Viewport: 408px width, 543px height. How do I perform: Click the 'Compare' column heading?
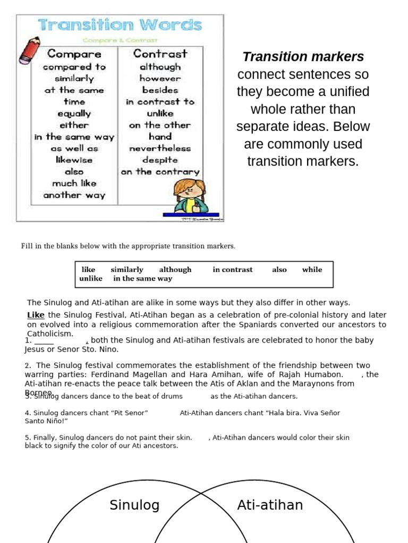[x=74, y=54]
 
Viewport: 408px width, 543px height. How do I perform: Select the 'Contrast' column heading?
[x=160, y=54]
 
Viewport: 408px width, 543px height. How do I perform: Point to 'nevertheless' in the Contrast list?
[x=159, y=148]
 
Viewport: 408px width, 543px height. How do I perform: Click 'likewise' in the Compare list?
[x=74, y=160]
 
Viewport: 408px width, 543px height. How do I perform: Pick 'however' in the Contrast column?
[x=160, y=78]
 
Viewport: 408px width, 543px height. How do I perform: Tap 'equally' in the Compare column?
[x=74, y=113]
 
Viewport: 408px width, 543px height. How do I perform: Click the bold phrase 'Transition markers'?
[x=303, y=57]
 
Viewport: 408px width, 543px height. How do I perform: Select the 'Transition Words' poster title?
[x=120, y=25]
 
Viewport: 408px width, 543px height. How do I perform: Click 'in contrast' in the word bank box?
[x=233, y=269]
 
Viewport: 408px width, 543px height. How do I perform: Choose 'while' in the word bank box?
[x=312, y=269]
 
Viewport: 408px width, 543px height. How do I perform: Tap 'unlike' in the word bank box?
[x=91, y=278]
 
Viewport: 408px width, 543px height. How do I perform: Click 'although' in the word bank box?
[x=175, y=269]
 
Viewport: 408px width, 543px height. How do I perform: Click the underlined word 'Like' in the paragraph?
[x=36, y=315]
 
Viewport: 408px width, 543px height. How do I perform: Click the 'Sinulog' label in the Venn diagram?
[x=134, y=505]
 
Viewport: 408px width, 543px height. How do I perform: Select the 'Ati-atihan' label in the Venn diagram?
[x=270, y=505]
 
